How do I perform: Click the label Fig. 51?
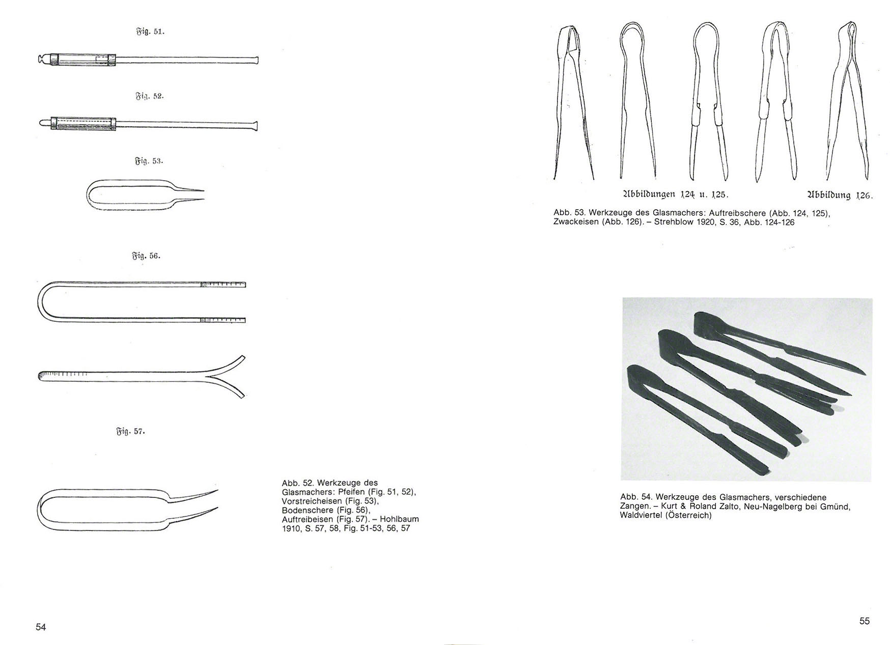[x=150, y=32]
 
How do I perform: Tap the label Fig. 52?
[x=150, y=96]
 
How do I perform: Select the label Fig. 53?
[x=149, y=161]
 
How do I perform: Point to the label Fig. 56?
[x=147, y=256]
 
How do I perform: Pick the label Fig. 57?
[x=131, y=432]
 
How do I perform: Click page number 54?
[x=41, y=627]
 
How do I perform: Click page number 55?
[x=865, y=621]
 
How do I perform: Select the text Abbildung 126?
[x=840, y=194]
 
